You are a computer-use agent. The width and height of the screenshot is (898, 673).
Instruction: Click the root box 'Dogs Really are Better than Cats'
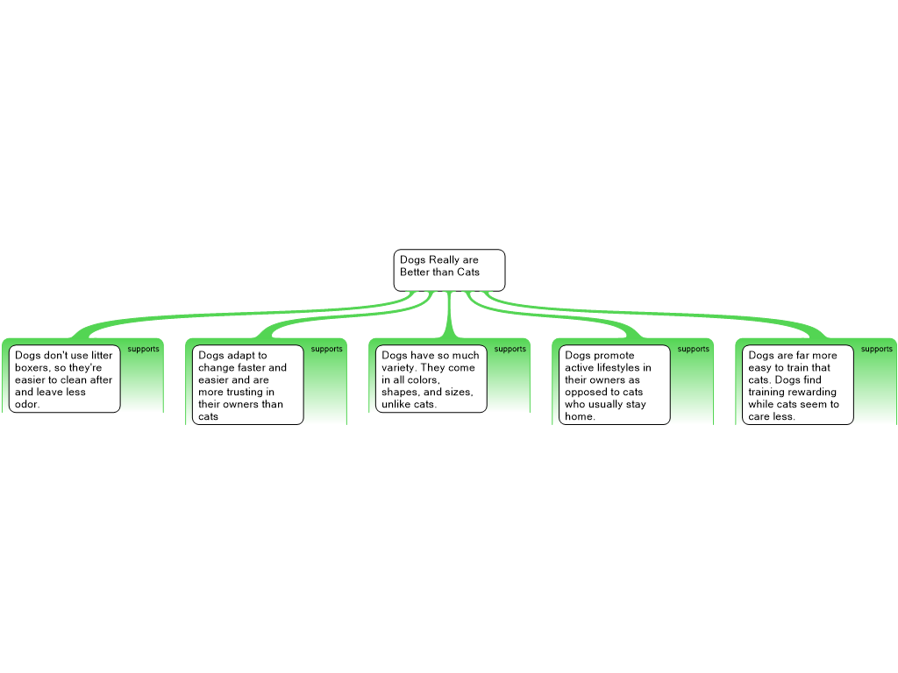click(x=449, y=270)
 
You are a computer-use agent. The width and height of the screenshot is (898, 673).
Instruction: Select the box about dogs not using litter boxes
click(x=65, y=379)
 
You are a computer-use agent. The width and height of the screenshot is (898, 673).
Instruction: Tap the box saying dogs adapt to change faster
click(x=248, y=385)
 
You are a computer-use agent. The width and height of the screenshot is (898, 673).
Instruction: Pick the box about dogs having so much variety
click(x=431, y=379)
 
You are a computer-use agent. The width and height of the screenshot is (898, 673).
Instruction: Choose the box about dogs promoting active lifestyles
click(x=615, y=385)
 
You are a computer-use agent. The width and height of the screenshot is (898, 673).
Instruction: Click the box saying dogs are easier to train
click(x=798, y=385)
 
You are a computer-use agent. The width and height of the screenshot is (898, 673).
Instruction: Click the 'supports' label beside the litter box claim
click(x=143, y=349)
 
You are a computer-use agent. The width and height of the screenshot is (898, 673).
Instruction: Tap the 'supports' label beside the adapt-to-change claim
click(x=326, y=349)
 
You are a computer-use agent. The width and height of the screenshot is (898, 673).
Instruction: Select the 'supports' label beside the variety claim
click(x=510, y=349)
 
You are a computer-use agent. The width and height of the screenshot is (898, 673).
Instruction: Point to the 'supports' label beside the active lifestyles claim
click(x=693, y=349)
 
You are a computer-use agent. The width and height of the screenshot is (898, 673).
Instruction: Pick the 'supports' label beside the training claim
click(x=876, y=349)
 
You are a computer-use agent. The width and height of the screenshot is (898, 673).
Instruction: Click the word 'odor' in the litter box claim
click(x=25, y=404)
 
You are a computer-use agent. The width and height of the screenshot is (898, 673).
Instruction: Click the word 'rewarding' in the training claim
click(x=814, y=392)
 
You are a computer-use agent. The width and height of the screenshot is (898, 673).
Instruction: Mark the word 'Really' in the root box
click(x=445, y=260)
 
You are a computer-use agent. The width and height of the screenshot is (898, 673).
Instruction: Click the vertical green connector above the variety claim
click(x=450, y=314)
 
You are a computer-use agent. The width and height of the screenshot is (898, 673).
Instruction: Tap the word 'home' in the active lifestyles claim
click(x=579, y=416)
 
